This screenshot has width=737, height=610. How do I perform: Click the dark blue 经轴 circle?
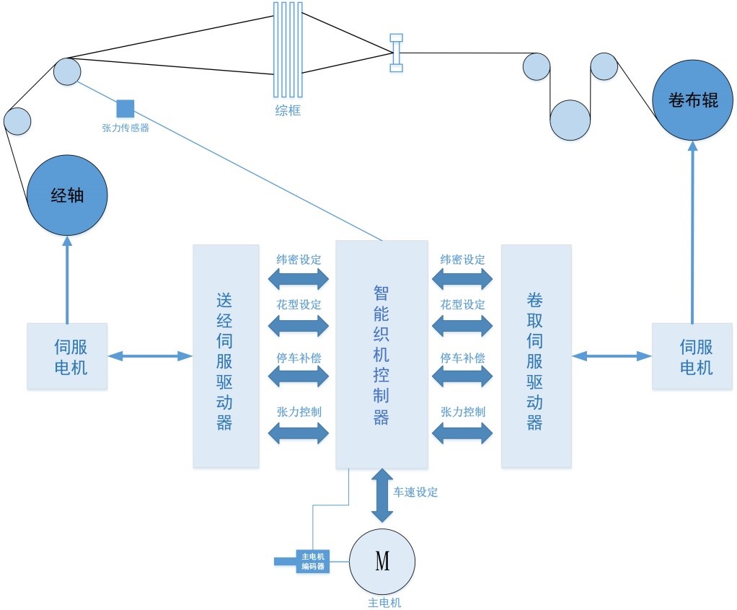pos(67,195)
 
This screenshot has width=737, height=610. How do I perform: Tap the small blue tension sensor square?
pos(125,108)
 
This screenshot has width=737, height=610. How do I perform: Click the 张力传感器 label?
pos(125,128)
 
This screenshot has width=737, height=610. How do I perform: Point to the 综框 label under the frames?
pos(288,110)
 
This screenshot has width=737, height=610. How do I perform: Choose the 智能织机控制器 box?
pos(381,354)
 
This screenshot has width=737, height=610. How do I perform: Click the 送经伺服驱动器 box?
pos(226,355)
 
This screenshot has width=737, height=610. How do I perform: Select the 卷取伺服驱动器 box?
pos(536,355)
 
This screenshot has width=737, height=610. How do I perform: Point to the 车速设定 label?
pos(415,492)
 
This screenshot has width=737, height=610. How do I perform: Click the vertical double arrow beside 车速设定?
pos(382,495)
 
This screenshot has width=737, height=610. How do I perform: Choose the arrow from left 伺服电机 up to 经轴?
pos(67,281)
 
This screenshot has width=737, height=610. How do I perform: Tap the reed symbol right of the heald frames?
pos(396,53)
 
